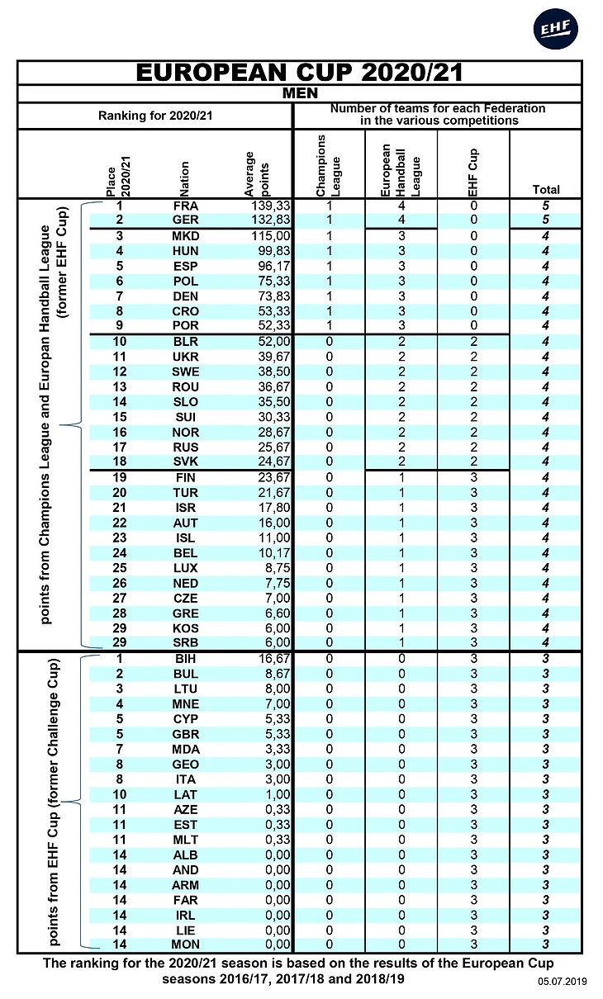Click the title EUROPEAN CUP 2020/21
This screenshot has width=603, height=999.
pyautogui.click(x=299, y=73)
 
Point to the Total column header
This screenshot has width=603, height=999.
pyautogui.click(x=546, y=190)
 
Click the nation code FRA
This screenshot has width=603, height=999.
pyautogui.click(x=186, y=206)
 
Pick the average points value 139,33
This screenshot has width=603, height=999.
pyautogui.click(x=269, y=206)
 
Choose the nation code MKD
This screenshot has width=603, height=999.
pyautogui.click(x=186, y=236)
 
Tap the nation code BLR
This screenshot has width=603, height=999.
pyautogui.click(x=186, y=342)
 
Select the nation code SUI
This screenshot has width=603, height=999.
pyautogui.click(x=186, y=417)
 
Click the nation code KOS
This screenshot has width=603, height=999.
pyautogui.click(x=186, y=627)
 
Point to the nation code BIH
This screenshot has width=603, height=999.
pyautogui.click(x=186, y=659)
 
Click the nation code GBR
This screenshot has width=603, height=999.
pyautogui.click(x=186, y=734)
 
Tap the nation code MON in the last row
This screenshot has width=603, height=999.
pyautogui.click(x=186, y=945)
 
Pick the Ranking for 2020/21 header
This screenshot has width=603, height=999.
pyautogui.click(x=155, y=116)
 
